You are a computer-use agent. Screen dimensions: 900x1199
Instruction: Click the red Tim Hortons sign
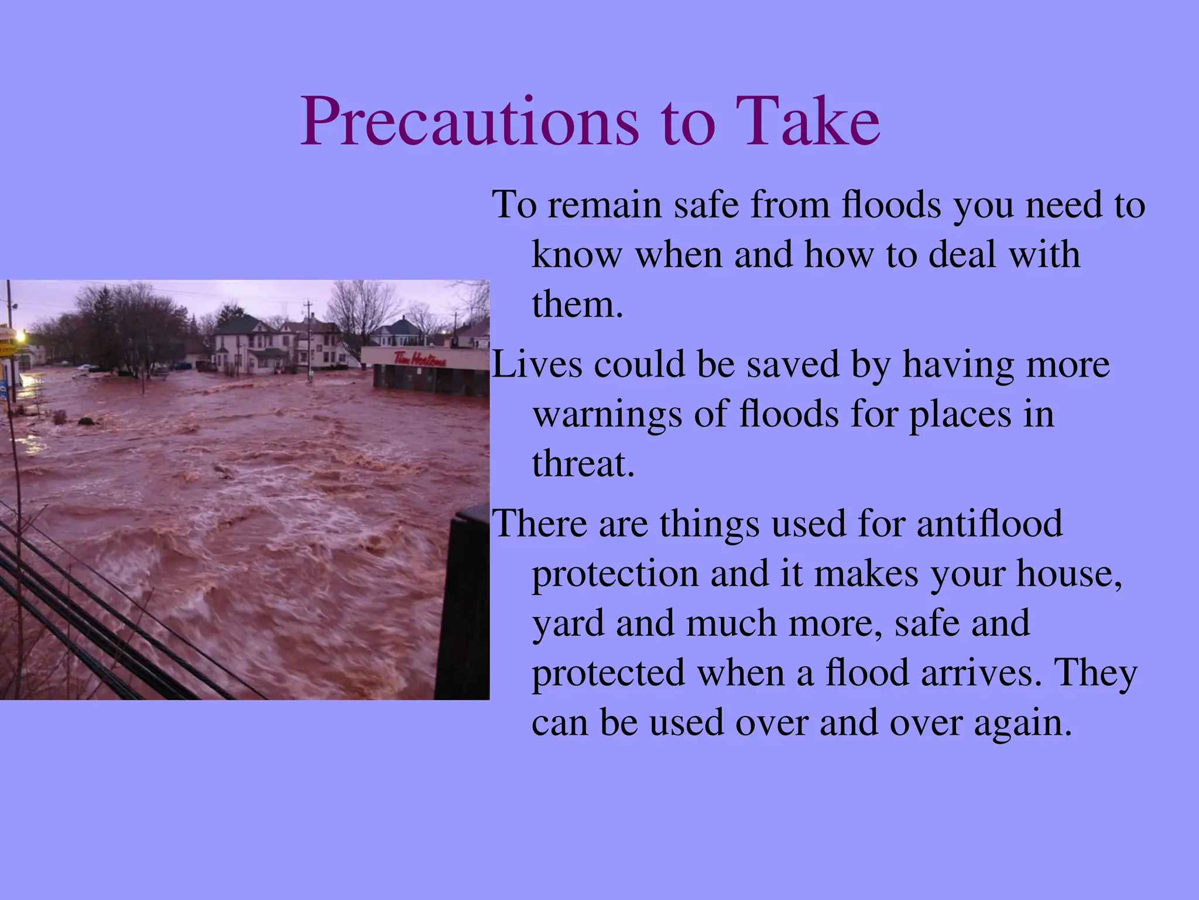[419, 359]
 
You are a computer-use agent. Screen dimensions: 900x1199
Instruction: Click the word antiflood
[989, 523]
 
